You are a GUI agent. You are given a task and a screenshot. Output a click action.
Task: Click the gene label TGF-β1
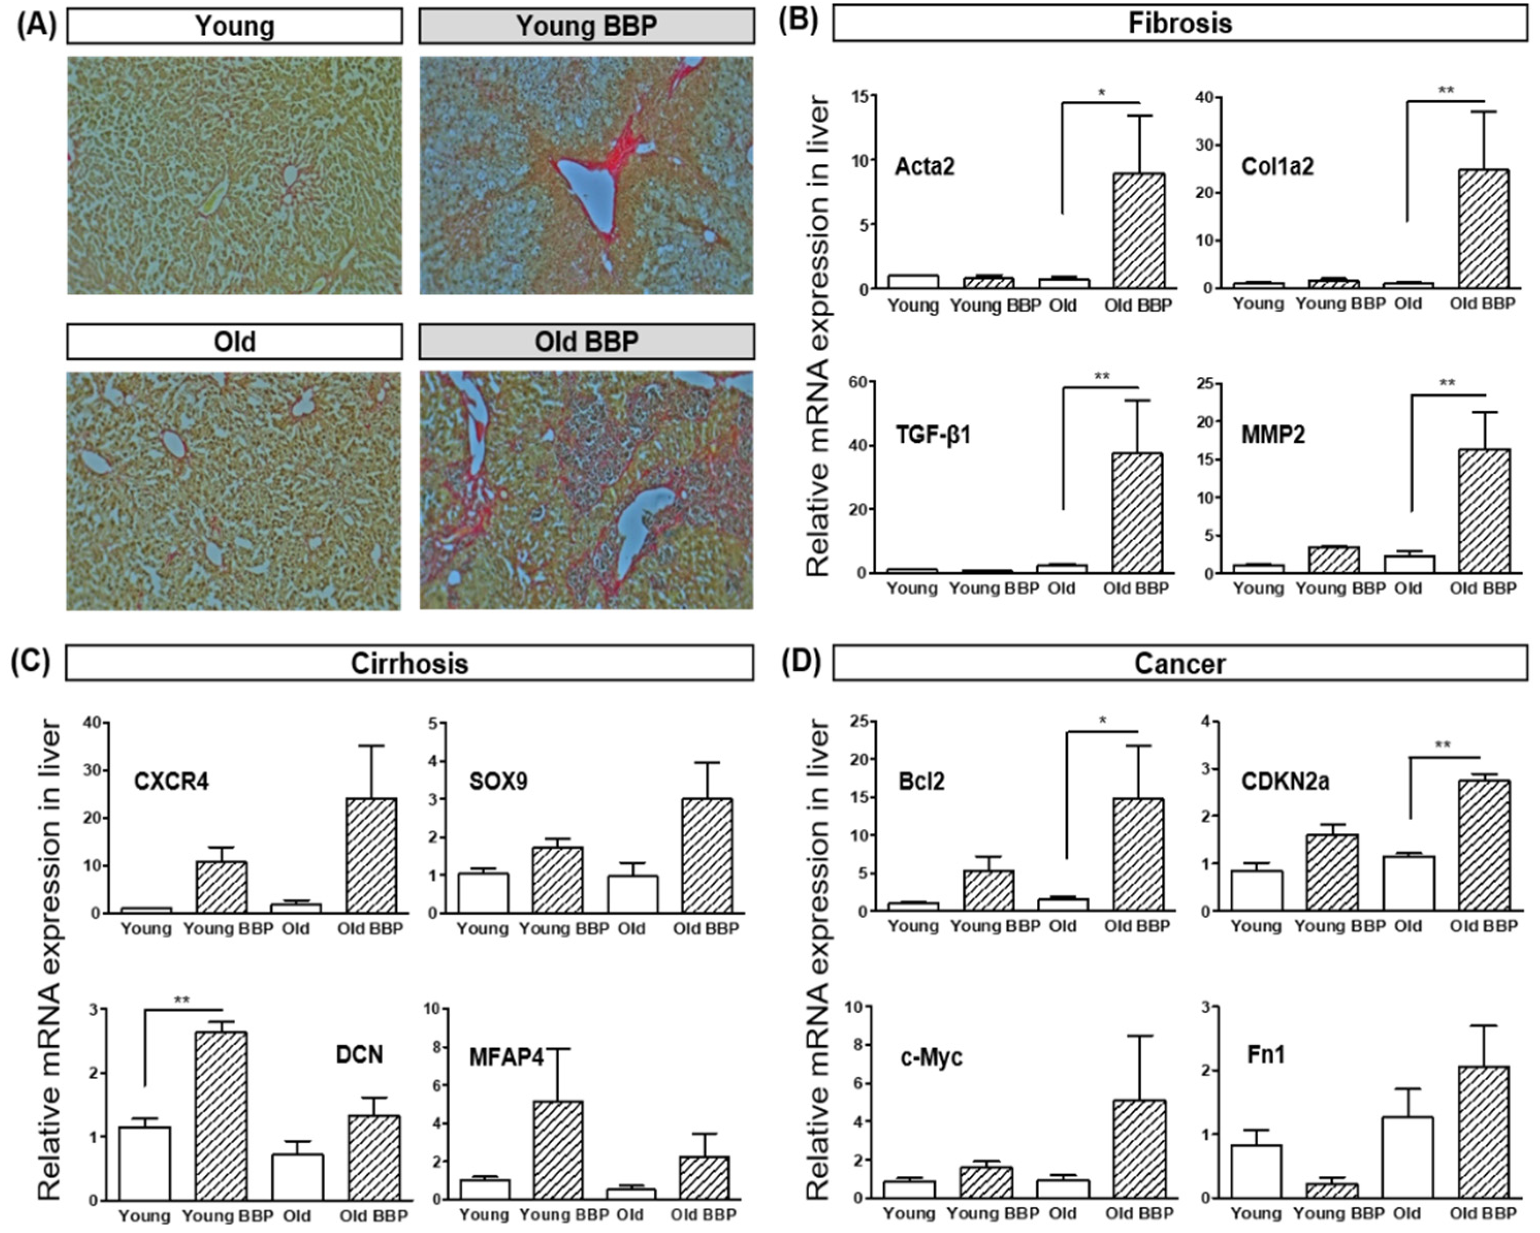pyautogui.click(x=933, y=435)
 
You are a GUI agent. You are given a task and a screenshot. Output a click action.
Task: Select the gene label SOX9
pyautogui.click(x=498, y=781)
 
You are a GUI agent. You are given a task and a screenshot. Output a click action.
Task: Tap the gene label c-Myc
pyautogui.click(x=931, y=1056)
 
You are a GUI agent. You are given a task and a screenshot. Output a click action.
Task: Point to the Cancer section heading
pyautogui.click(x=1179, y=664)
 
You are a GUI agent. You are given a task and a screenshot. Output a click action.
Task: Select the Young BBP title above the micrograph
pyautogui.click(x=587, y=26)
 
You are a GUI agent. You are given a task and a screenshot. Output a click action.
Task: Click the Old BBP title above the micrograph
pyautogui.click(x=587, y=342)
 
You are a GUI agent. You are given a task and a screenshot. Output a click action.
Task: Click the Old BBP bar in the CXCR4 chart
pyautogui.click(x=371, y=856)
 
